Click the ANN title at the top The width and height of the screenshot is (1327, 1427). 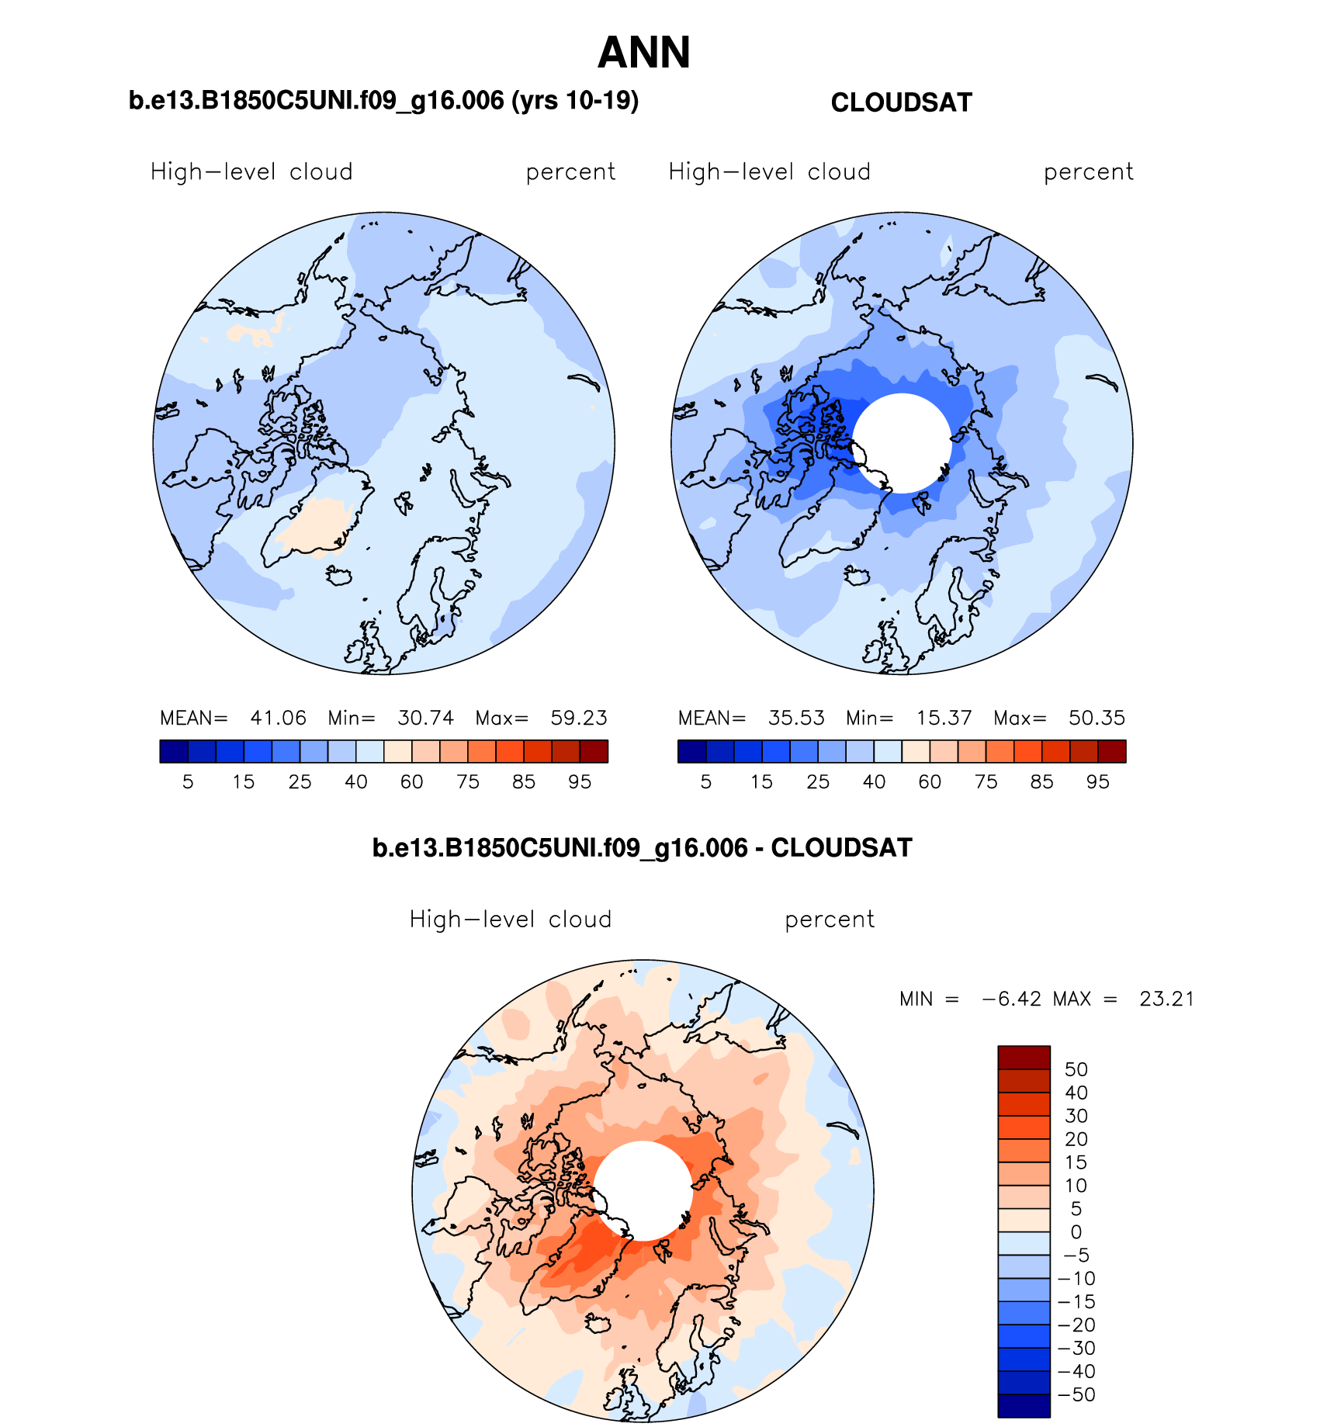[x=643, y=53]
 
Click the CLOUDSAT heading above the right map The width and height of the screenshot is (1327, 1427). [x=901, y=103]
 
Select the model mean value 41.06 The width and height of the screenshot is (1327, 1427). [x=278, y=718]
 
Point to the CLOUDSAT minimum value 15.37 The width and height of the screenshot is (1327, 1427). [x=944, y=718]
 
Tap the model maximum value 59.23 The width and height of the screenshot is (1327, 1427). [x=578, y=718]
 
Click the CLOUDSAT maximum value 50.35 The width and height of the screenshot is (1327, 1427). [x=1097, y=718]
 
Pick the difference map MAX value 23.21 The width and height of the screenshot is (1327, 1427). [x=1166, y=999]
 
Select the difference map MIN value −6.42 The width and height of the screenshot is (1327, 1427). [x=1011, y=999]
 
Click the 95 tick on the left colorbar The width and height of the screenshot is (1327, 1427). [x=580, y=782]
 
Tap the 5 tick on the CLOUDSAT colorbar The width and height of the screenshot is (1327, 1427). [x=705, y=782]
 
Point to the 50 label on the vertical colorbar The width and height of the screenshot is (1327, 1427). [x=1076, y=1069]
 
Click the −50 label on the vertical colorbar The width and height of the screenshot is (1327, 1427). [x=1076, y=1394]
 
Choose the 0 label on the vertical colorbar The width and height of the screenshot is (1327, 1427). [x=1076, y=1232]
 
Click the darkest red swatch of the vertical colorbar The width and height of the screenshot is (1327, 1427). [x=1024, y=1058]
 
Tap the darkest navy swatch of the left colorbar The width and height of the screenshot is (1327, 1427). [x=174, y=751]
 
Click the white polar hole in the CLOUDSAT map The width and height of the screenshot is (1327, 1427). [x=902, y=442]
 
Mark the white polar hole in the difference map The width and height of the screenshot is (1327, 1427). [x=643, y=1190]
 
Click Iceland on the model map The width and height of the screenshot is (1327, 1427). [x=339, y=576]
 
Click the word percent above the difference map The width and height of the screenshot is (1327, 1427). [x=830, y=920]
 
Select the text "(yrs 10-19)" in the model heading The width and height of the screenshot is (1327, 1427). [x=575, y=101]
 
